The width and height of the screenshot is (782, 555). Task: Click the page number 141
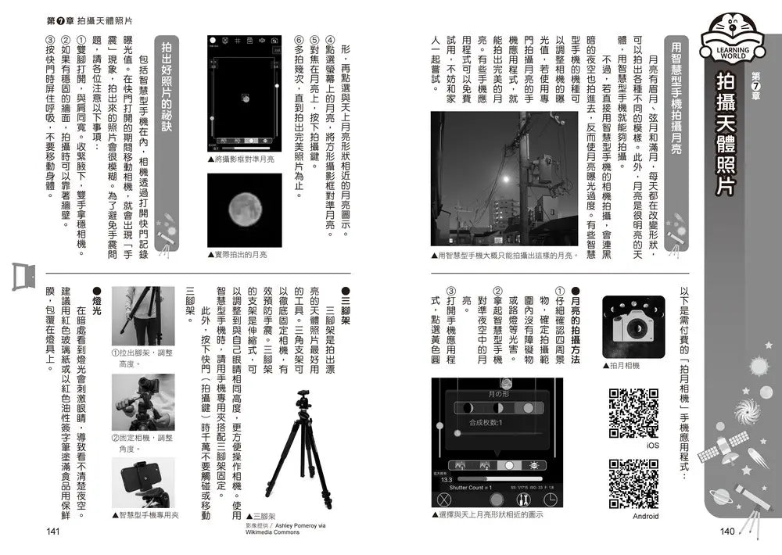click(53, 532)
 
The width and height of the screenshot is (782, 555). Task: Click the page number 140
click(727, 532)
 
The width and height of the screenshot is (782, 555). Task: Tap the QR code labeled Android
click(633, 484)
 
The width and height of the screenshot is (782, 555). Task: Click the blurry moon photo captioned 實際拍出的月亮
click(243, 209)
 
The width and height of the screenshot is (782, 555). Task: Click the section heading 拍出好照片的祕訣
click(165, 98)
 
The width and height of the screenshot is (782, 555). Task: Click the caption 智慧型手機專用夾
click(149, 515)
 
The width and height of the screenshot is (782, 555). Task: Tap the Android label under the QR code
click(645, 516)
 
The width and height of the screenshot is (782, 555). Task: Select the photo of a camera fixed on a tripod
click(142, 402)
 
